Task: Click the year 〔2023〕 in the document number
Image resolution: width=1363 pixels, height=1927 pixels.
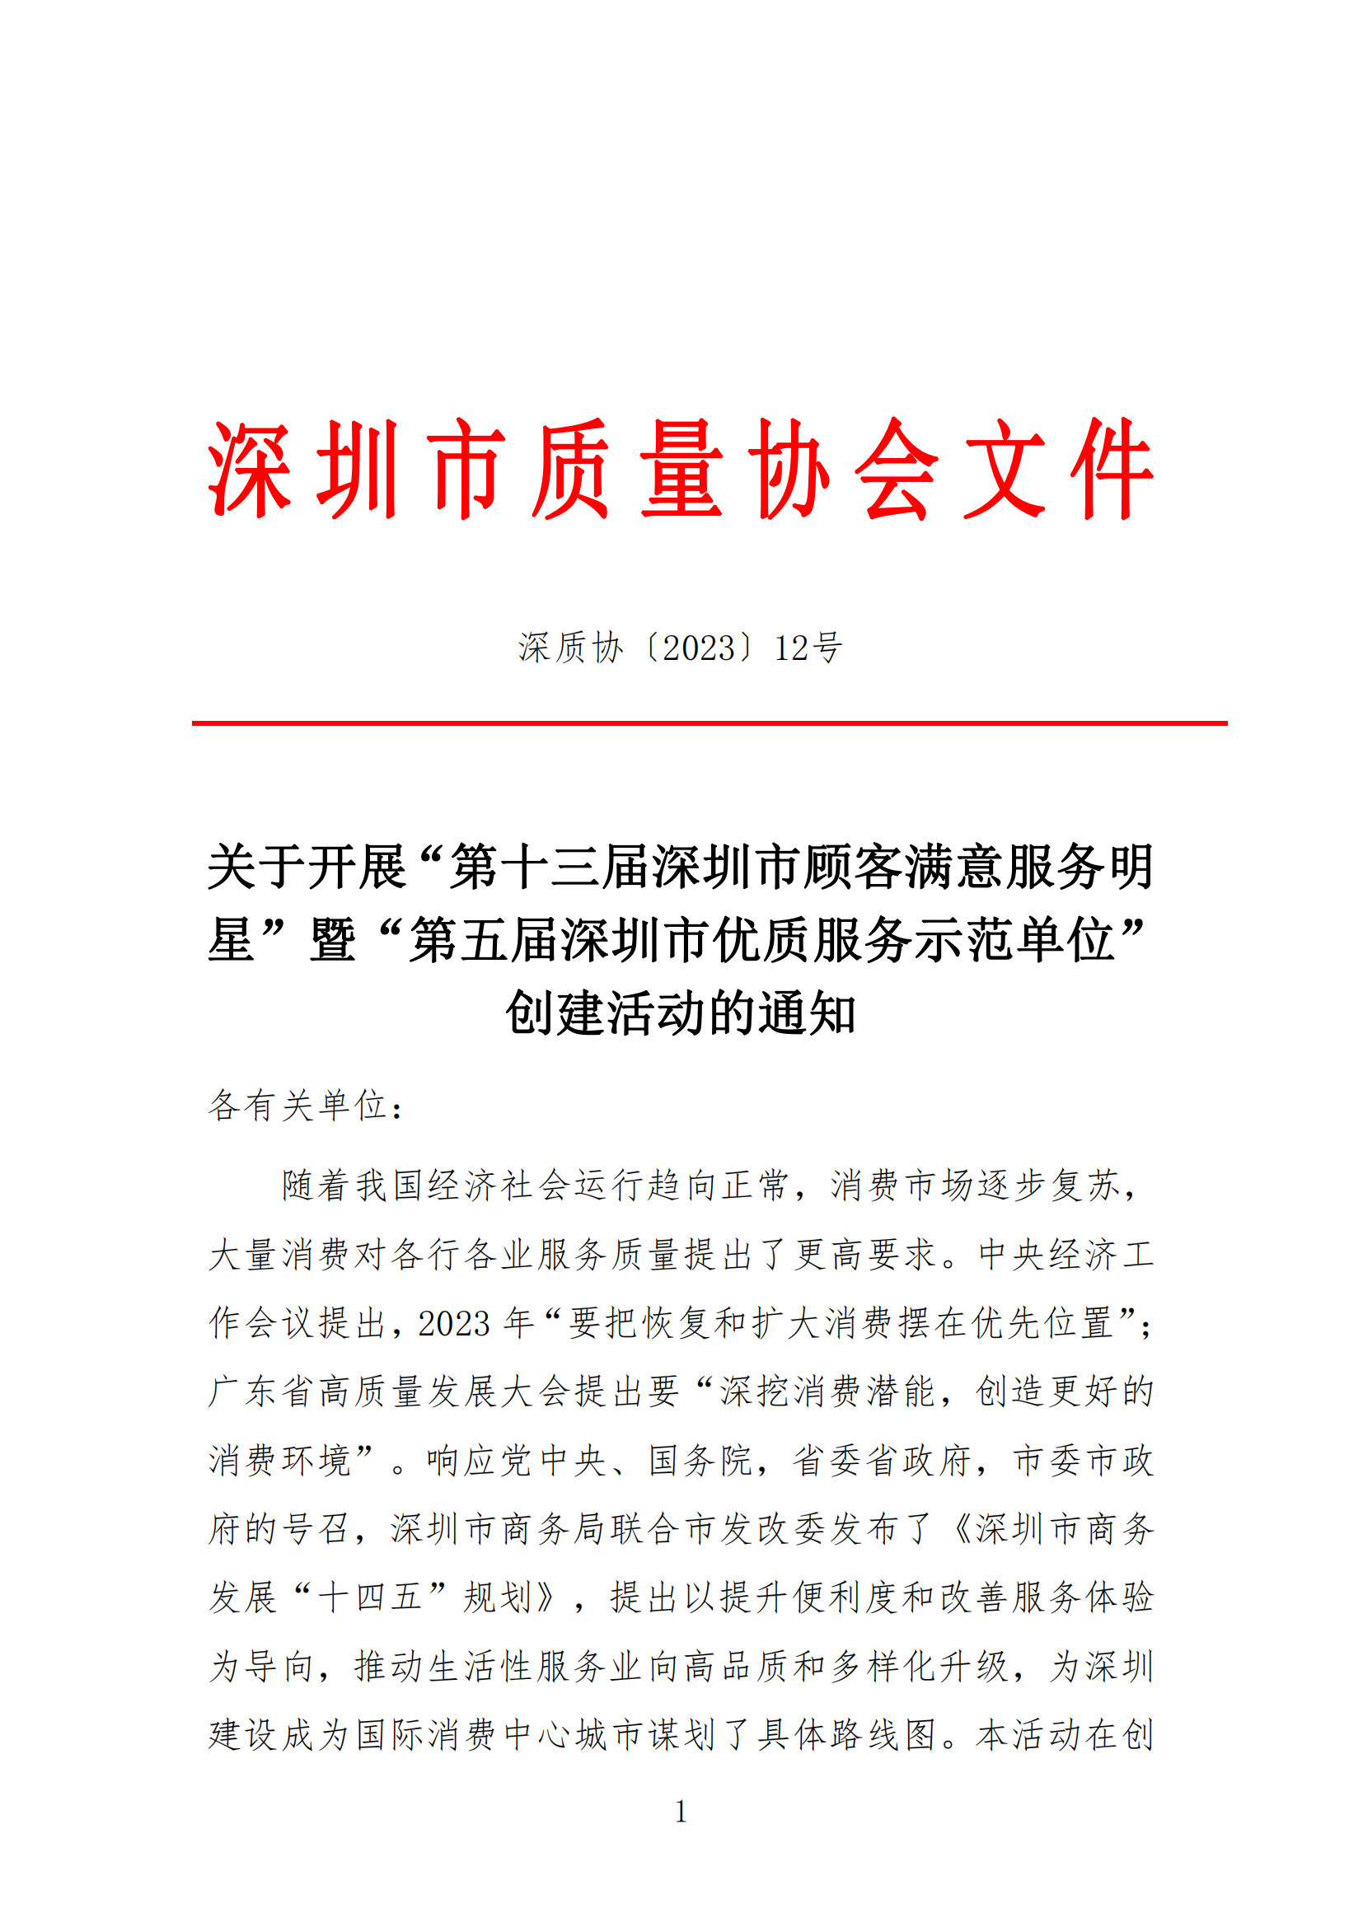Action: pyautogui.click(x=699, y=648)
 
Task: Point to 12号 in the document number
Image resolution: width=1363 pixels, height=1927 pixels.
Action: pyautogui.click(x=808, y=648)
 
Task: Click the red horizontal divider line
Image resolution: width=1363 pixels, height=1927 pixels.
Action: pyautogui.click(x=710, y=723)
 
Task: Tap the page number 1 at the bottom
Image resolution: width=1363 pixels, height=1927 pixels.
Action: pyautogui.click(x=681, y=1812)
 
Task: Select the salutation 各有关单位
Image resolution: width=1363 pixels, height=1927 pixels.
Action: pyautogui.click(x=297, y=1106)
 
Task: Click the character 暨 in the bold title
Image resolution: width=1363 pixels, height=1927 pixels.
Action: pyautogui.click(x=333, y=940)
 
